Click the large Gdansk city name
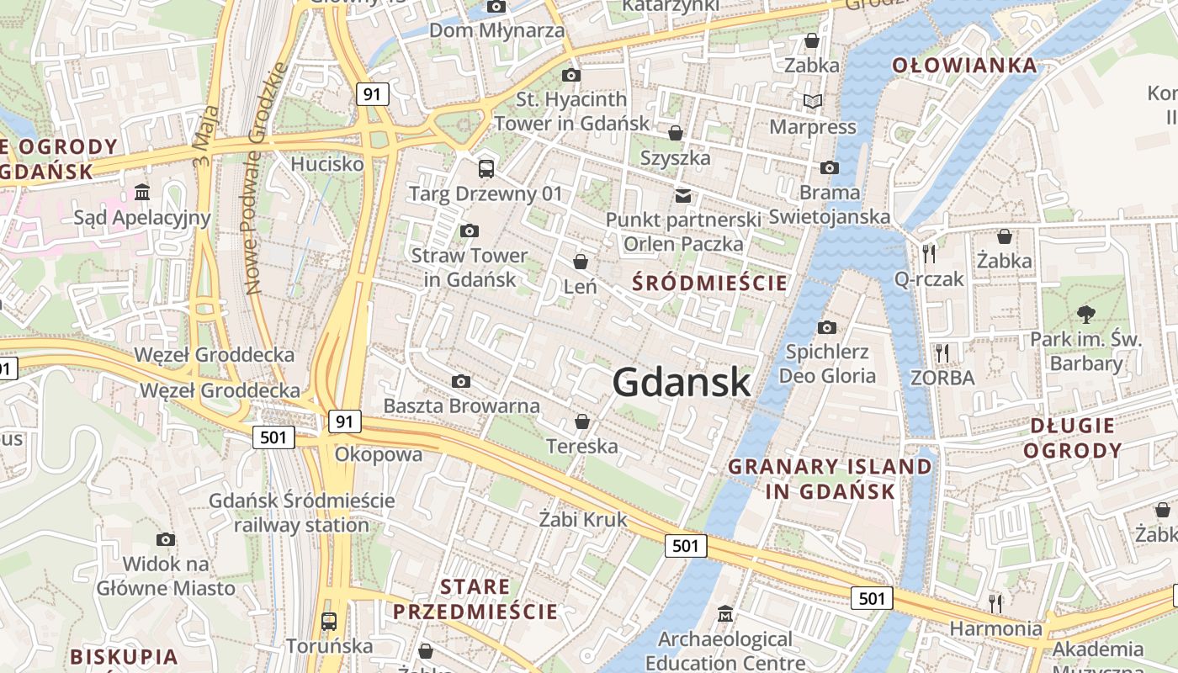(681, 383)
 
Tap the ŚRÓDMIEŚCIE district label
(709, 283)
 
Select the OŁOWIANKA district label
(964, 65)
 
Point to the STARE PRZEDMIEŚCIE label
(475, 599)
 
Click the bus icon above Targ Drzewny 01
(486, 168)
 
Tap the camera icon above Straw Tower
(470, 231)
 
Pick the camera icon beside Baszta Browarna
(460, 382)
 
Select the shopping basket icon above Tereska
(581, 421)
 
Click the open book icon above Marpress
(812, 102)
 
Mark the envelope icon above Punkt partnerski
(683, 196)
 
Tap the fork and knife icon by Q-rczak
(929, 252)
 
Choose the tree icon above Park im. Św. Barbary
(1085, 315)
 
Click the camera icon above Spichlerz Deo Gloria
(827, 327)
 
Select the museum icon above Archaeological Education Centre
(724, 614)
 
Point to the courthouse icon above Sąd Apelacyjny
(141, 193)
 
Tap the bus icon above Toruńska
(329, 622)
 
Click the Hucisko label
(327, 164)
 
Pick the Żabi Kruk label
(583, 520)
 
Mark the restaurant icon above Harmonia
(995, 602)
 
